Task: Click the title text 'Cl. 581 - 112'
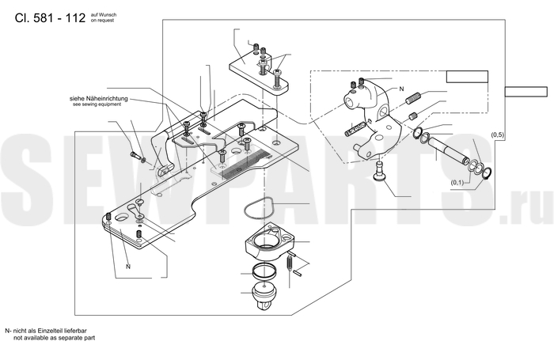(50, 17)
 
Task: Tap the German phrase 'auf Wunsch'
(104, 15)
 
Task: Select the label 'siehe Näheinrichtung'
(99, 99)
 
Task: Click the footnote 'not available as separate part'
(54, 338)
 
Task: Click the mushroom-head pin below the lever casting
(379, 172)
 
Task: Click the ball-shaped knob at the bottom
(263, 296)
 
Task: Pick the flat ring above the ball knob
(264, 271)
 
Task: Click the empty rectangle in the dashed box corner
(467, 77)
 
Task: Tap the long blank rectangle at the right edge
(526, 92)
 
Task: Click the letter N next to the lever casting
(401, 89)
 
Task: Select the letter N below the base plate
(128, 267)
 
